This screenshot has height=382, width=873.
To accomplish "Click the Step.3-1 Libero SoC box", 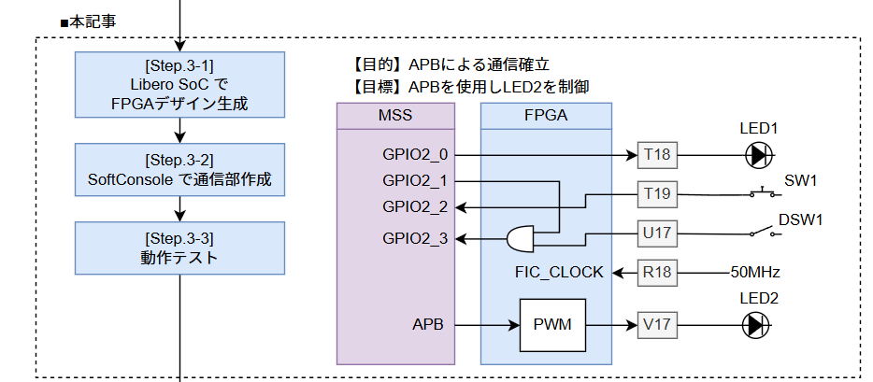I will point(179,85).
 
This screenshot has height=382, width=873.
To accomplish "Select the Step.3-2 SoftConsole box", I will point(179,170).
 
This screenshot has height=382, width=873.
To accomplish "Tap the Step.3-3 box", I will point(179,248).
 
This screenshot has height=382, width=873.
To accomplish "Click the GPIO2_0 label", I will point(415,155).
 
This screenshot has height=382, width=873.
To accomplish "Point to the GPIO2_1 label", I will point(415,180).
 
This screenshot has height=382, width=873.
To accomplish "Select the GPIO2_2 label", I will point(415,206).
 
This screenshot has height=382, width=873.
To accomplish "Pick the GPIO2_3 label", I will point(415,239).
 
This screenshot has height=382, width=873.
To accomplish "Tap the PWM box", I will point(551,325).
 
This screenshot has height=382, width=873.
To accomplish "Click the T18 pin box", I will point(658,155).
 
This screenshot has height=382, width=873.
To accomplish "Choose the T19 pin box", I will point(658,194).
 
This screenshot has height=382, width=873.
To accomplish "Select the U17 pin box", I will point(658,233).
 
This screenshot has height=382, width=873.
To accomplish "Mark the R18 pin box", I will point(658,273).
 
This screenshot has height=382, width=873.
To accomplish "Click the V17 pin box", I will point(658,325).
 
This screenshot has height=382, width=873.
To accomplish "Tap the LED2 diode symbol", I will point(756,325).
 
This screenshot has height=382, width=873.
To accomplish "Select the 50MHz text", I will point(755,273).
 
